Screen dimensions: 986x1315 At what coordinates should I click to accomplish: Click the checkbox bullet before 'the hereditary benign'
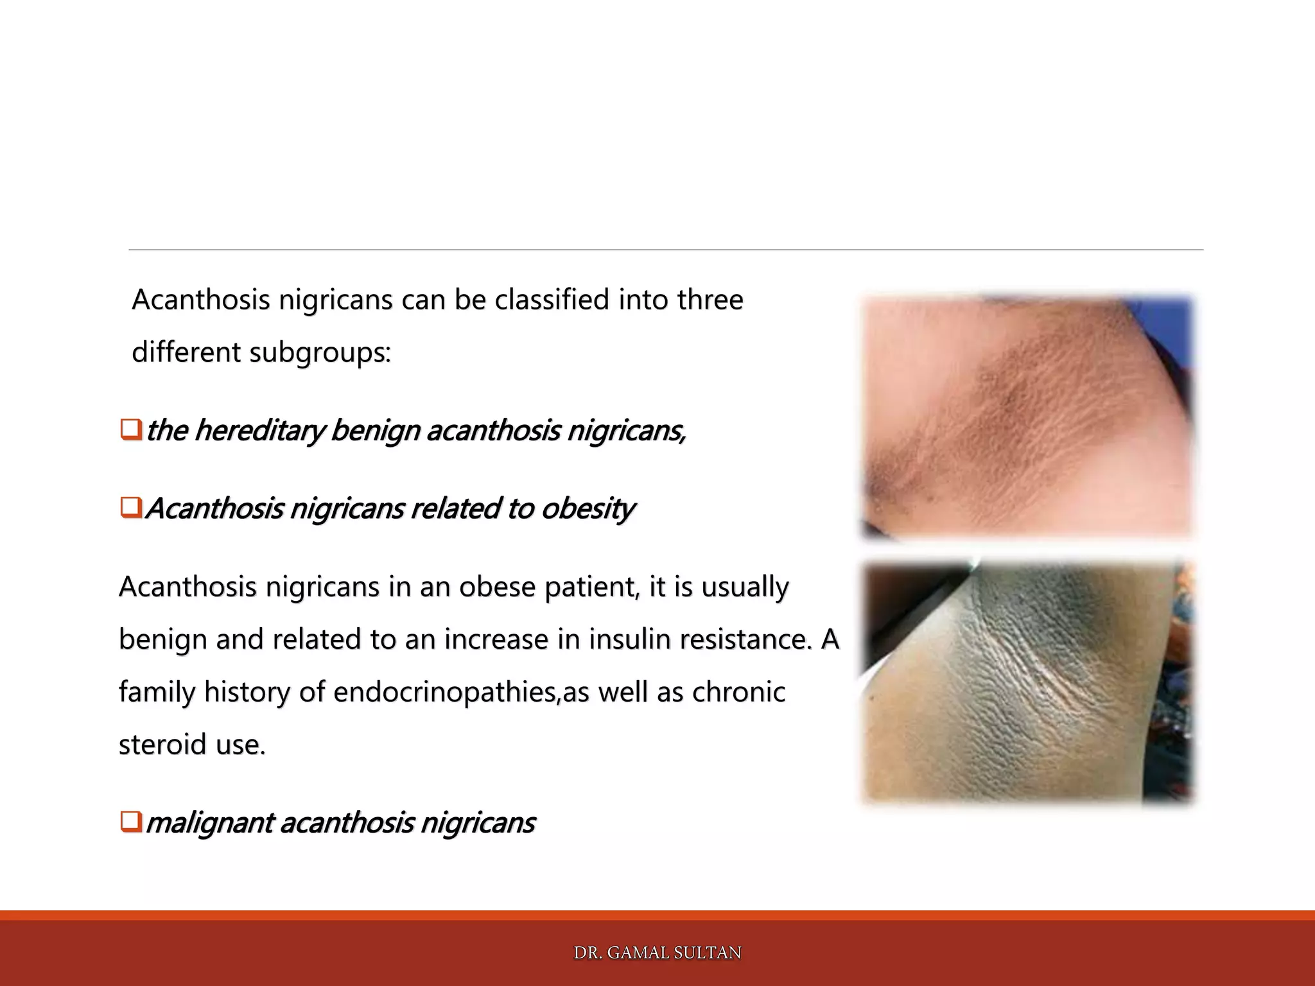[130, 429]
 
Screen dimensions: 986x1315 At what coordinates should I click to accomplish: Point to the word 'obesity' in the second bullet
[588, 508]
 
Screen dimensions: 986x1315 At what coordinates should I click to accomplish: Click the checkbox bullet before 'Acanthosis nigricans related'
[130, 508]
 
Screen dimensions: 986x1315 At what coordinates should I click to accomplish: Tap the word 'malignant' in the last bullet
[209, 823]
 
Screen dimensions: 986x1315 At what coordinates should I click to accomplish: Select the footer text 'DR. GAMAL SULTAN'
[657, 953]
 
